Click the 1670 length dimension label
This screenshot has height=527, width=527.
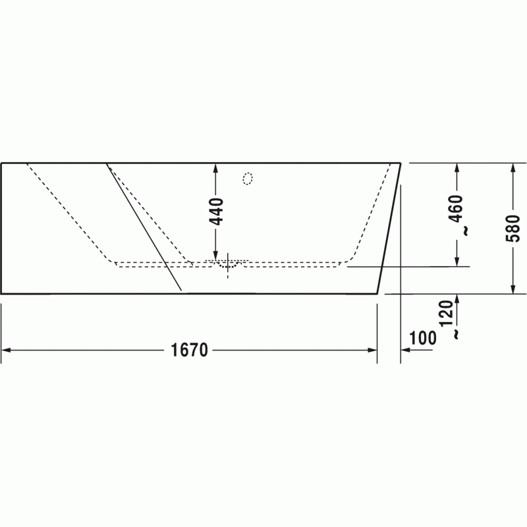tap(190, 350)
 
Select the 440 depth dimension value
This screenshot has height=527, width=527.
tap(216, 211)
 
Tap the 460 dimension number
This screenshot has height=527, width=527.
tap(457, 208)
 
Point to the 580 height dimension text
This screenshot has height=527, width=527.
tap(513, 229)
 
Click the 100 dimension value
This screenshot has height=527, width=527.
tap(423, 338)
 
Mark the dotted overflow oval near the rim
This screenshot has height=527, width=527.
tap(248, 179)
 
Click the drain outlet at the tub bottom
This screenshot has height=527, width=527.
tap(228, 265)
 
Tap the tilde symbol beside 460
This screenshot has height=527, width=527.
tap(466, 231)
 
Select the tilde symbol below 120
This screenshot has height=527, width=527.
tap(456, 335)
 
